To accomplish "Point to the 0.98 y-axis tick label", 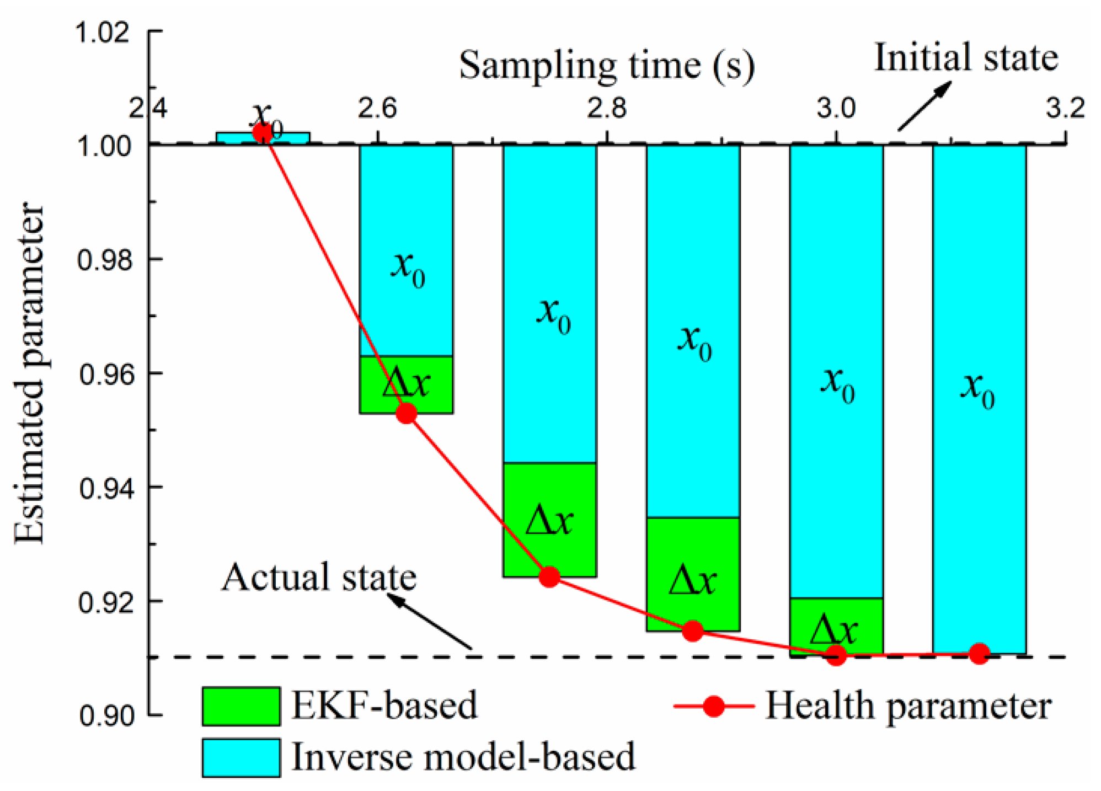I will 105,260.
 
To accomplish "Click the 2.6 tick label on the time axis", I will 377,108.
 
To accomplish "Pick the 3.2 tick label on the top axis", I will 1065,108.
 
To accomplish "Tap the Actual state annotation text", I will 319,578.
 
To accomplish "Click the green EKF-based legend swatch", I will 240,706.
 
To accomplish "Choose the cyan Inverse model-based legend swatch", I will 240,757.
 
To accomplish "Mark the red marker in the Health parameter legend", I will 714,706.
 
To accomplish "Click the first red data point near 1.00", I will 262,132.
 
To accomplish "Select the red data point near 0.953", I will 406,413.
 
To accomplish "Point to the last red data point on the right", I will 979,654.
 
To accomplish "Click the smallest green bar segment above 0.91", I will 836,627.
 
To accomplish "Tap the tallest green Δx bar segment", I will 549,520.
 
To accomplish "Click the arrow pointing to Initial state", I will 924,106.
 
